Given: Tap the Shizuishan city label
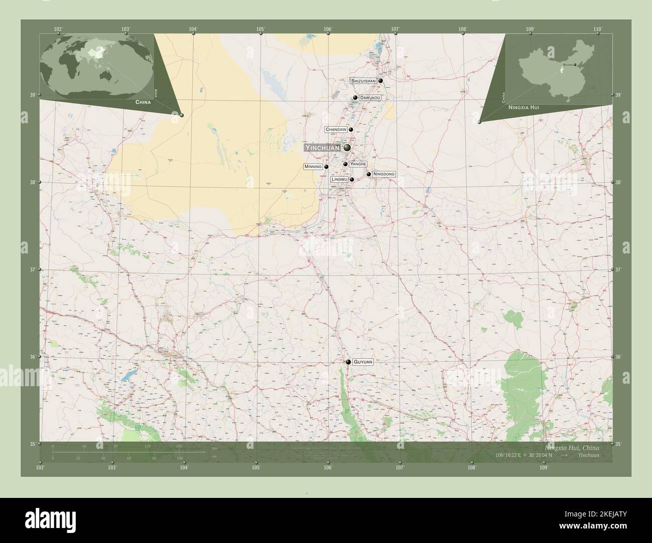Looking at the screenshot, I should (x=363, y=81).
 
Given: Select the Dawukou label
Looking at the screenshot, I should (x=370, y=98).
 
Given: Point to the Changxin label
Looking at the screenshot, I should (x=336, y=129).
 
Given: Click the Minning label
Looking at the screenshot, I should (x=312, y=167).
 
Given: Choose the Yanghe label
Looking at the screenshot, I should (x=358, y=164).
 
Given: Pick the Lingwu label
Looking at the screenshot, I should (x=340, y=179).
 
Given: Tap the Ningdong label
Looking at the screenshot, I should (x=384, y=174).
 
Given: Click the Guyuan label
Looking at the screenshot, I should (x=363, y=361).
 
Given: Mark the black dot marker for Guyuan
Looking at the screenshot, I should (x=348, y=362).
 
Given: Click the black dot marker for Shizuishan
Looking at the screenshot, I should (x=381, y=81).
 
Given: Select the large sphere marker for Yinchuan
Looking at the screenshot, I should (x=347, y=148).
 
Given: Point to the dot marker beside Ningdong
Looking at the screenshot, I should (x=369, y=174).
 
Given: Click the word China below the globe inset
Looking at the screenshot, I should (x=142, y=102).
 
